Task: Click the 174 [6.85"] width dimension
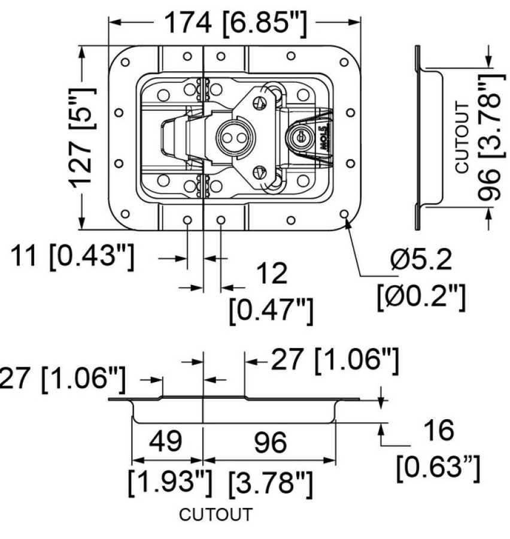tap(235, 23)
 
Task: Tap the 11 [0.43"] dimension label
tap(72, 256)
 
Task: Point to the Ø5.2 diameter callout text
tap(421, 259)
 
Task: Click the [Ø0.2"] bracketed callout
tap(421, 296)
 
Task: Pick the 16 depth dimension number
tap(439, 430)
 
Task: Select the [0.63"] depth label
tap(438, 467)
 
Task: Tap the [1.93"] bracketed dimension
tap(170, 482)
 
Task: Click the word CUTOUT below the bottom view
tap(216, 514)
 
